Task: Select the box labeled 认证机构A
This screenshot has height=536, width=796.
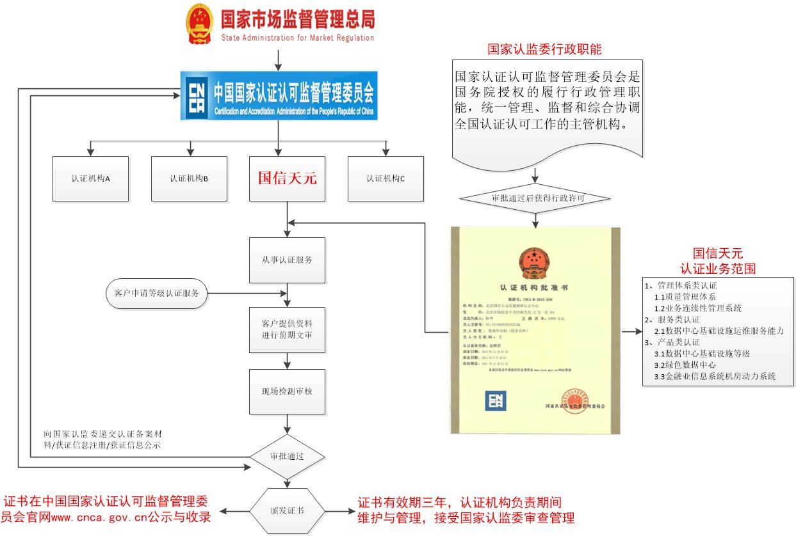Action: pos(91,178)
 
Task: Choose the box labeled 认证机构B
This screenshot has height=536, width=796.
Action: pos(190,178)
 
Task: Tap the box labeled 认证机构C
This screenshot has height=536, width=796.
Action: pos(386,178)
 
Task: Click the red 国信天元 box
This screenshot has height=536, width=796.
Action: pos(288,178)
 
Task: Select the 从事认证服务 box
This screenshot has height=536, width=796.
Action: pos(287,260)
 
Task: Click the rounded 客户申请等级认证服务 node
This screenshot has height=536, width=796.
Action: pos(156,294)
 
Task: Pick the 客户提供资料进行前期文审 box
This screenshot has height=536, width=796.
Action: pos(287,329)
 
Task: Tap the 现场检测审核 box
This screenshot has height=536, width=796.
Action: pos(287,391)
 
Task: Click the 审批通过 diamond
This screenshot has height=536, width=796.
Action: pos(287,457)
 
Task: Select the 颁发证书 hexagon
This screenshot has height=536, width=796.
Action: pos(287,511)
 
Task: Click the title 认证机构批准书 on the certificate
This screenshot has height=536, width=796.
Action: pos(533,288)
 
